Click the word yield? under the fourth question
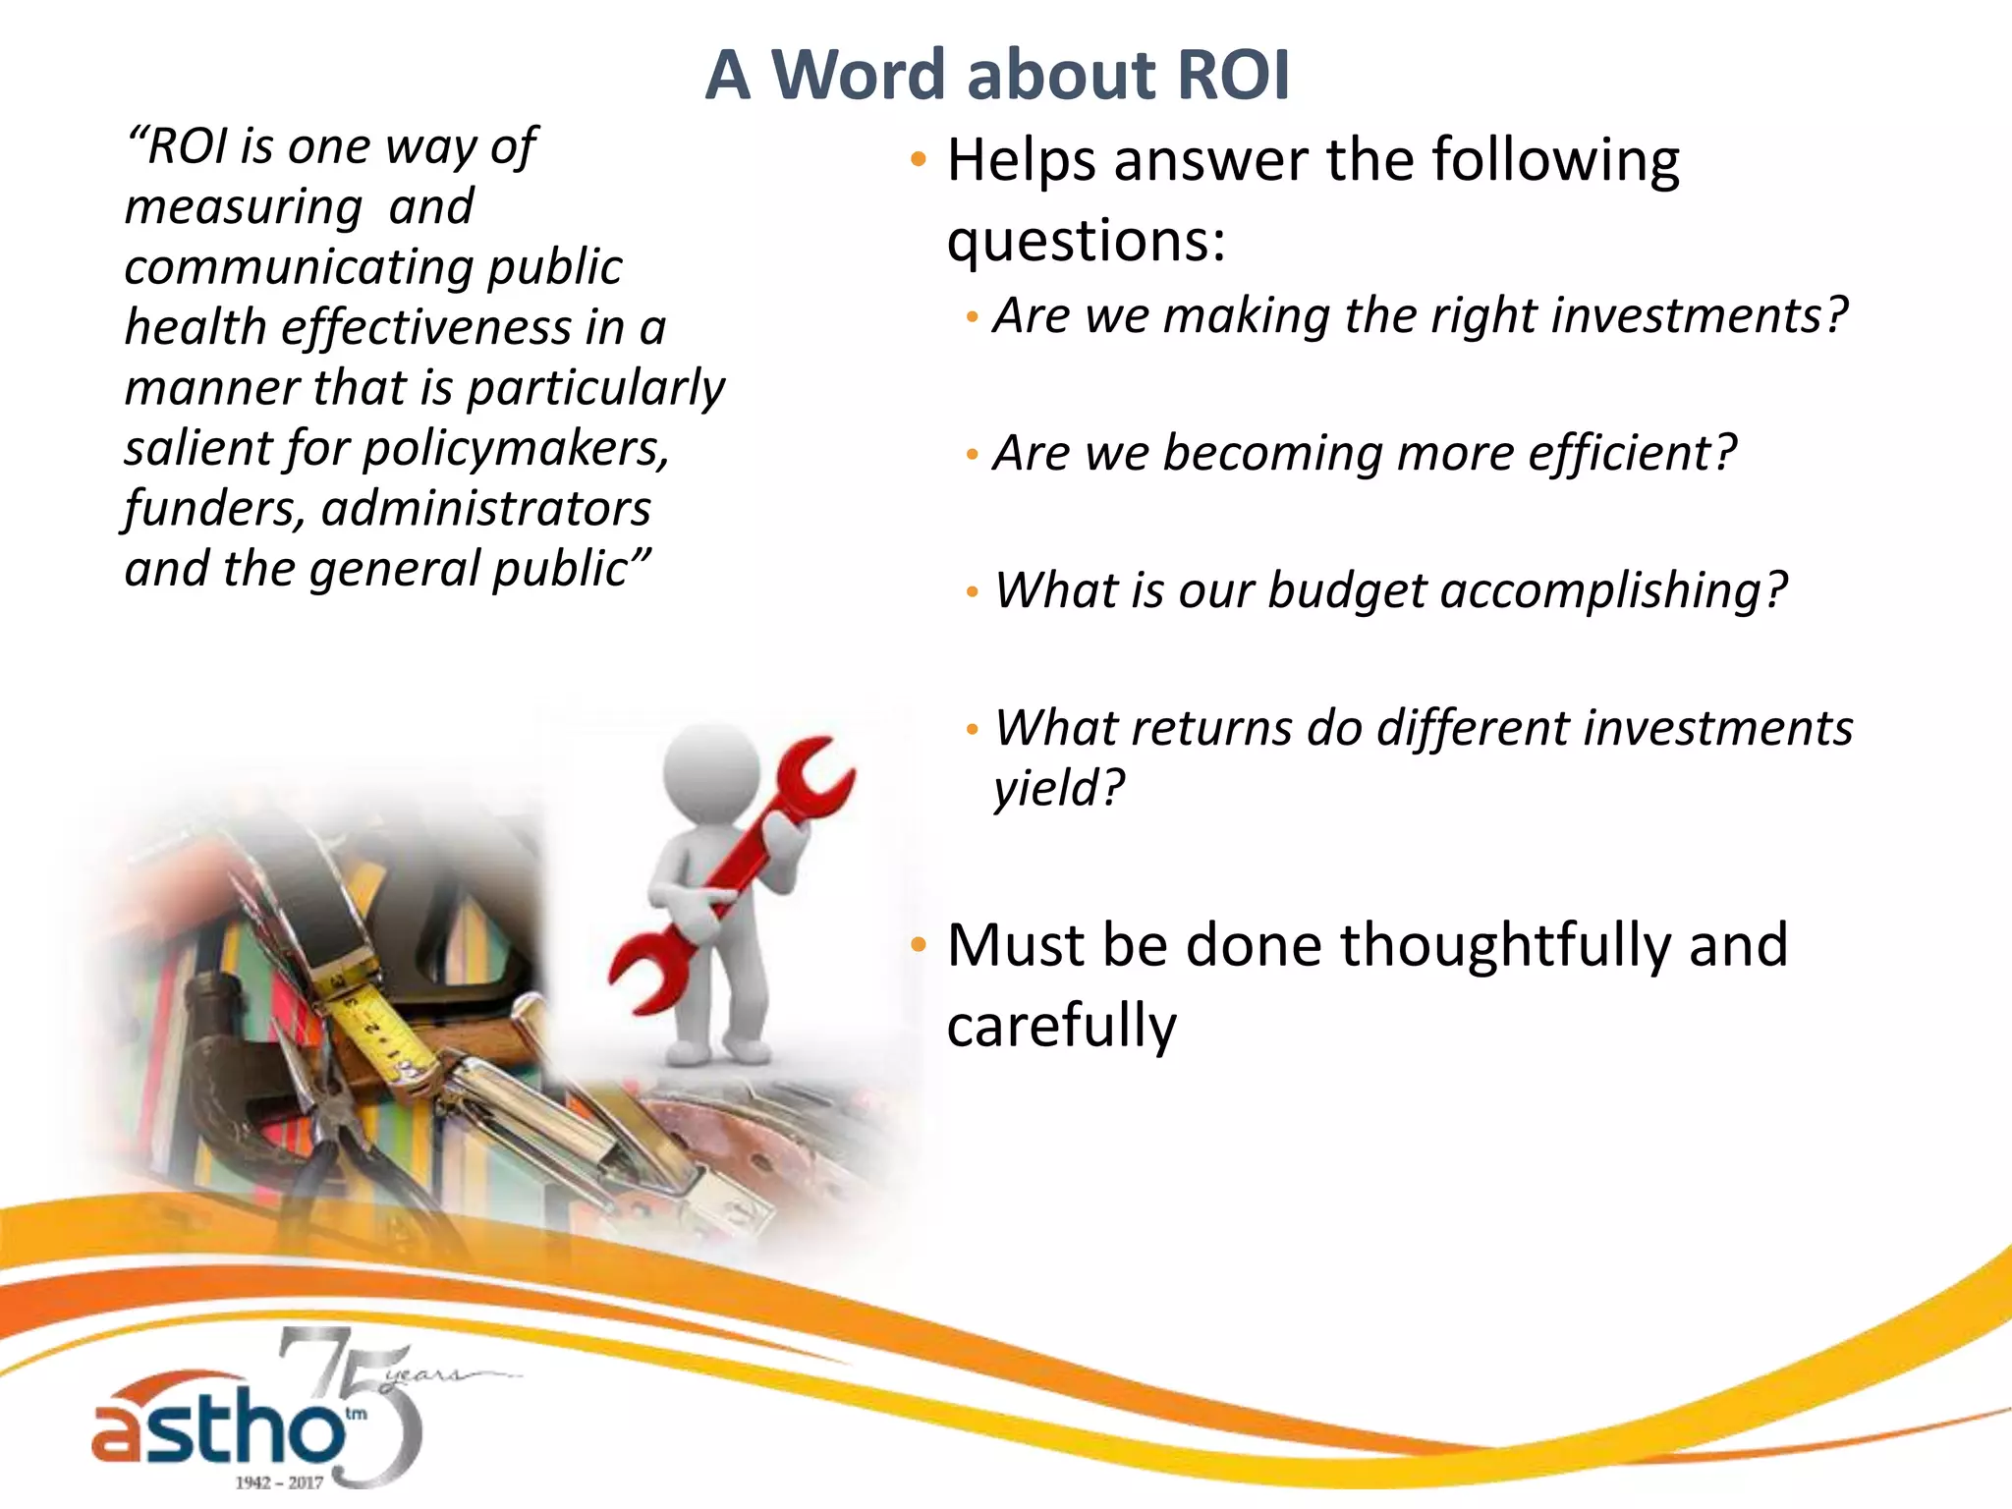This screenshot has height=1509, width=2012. pyautogui.click(x=1058, y=788)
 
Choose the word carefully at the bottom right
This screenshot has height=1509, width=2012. pyautogui.click(x=1061, y=1026)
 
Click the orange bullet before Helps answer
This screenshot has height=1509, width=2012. pyautogui.click(x=918, y=159)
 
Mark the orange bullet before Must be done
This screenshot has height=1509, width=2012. pyautogui.click(x=918, y=945)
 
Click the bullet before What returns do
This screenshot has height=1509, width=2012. pyautogui.click(x=972, y=729)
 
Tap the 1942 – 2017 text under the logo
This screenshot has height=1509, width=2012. pyautogui.click(x=279, y=1481)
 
